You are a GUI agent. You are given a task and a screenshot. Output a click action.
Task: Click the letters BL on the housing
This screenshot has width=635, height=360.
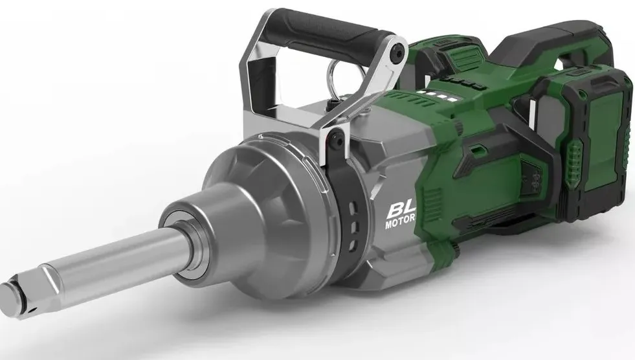click(401, 210)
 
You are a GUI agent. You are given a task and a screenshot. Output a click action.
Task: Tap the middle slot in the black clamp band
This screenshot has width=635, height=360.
click(353, 226)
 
